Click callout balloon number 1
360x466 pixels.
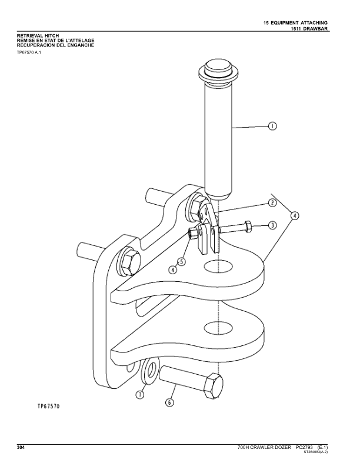tap(272, 126)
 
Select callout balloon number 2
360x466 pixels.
tap(272, 203)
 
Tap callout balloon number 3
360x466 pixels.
tap(272, 225)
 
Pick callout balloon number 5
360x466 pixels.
tap(182, 261)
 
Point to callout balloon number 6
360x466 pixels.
tap(169, 402)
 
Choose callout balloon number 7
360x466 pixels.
tap(140, 395)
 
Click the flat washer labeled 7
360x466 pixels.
tap(150, 370)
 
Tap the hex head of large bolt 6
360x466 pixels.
tap(212, 386)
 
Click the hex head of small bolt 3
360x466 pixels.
tap(248, 227)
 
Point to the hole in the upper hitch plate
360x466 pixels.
tap(218, 266)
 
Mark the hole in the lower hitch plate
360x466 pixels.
tap(218, 327)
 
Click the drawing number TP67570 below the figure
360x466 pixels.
tap(48, 406)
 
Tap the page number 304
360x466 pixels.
tap(21, 447)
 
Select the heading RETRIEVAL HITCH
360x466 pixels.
tap(38, 36)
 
